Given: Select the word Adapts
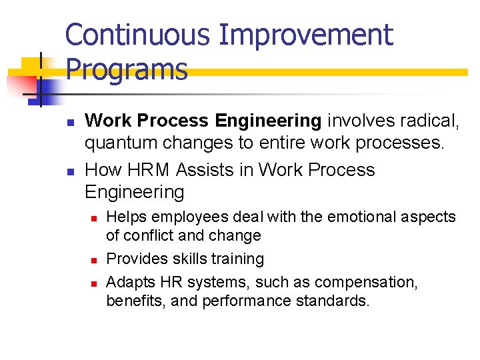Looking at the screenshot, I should tap(129, 282).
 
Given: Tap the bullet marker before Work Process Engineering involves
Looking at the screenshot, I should tap(69, 121).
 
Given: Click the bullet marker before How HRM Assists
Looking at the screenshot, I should tap(69, 171).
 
